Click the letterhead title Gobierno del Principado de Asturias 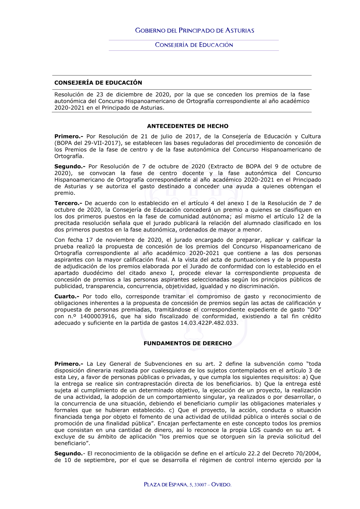click(x=194, y=31)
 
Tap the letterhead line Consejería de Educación click(x=194, y=45)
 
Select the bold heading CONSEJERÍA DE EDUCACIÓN click(x=98, y=83)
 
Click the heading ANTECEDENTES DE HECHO click(x=188, y=126)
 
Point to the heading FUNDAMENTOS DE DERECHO click(x=188, y=343)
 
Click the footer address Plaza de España click(x=166, y=485)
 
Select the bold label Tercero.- click(x=68, y=203)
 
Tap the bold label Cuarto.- click(x=67, y=297)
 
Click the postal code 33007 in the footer click(x=201, y=485)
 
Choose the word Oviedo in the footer click(x=221, y=485)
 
